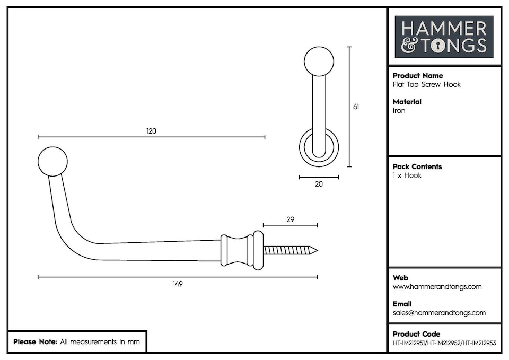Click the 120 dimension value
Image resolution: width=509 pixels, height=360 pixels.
click(x=152, y=131)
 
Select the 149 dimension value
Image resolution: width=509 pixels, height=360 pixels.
click(x=178, y=284)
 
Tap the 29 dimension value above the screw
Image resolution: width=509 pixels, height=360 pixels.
click(x=290, y=219)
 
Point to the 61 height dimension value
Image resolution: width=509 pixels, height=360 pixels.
click(x=356, y=107)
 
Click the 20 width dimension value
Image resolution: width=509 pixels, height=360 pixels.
click(x=319, y=184)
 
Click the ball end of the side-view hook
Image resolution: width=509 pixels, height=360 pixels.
click(x=53, y=161)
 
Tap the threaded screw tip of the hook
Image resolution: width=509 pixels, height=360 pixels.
click(x=291, y=250)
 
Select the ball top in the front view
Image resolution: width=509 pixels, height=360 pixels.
click(x=319, y=61)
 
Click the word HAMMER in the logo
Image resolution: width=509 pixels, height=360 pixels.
click(x=444, y=28)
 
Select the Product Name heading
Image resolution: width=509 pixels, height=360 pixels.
click(x=418, y=76)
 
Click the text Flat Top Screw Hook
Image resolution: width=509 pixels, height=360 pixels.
click(x=426, y=85)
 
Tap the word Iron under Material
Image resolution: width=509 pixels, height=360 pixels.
click(x=399, y=111)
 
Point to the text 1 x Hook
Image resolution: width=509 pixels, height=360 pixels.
click(x=407, y=175)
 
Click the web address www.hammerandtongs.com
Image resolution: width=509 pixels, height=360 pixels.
click(x=437, y=287)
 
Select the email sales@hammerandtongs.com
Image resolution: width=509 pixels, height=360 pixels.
click(x=439, y=313)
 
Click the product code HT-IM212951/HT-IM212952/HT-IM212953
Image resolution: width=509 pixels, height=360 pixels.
click(x=444, y=343)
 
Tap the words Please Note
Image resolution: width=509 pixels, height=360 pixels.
click(x=35, y=342)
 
